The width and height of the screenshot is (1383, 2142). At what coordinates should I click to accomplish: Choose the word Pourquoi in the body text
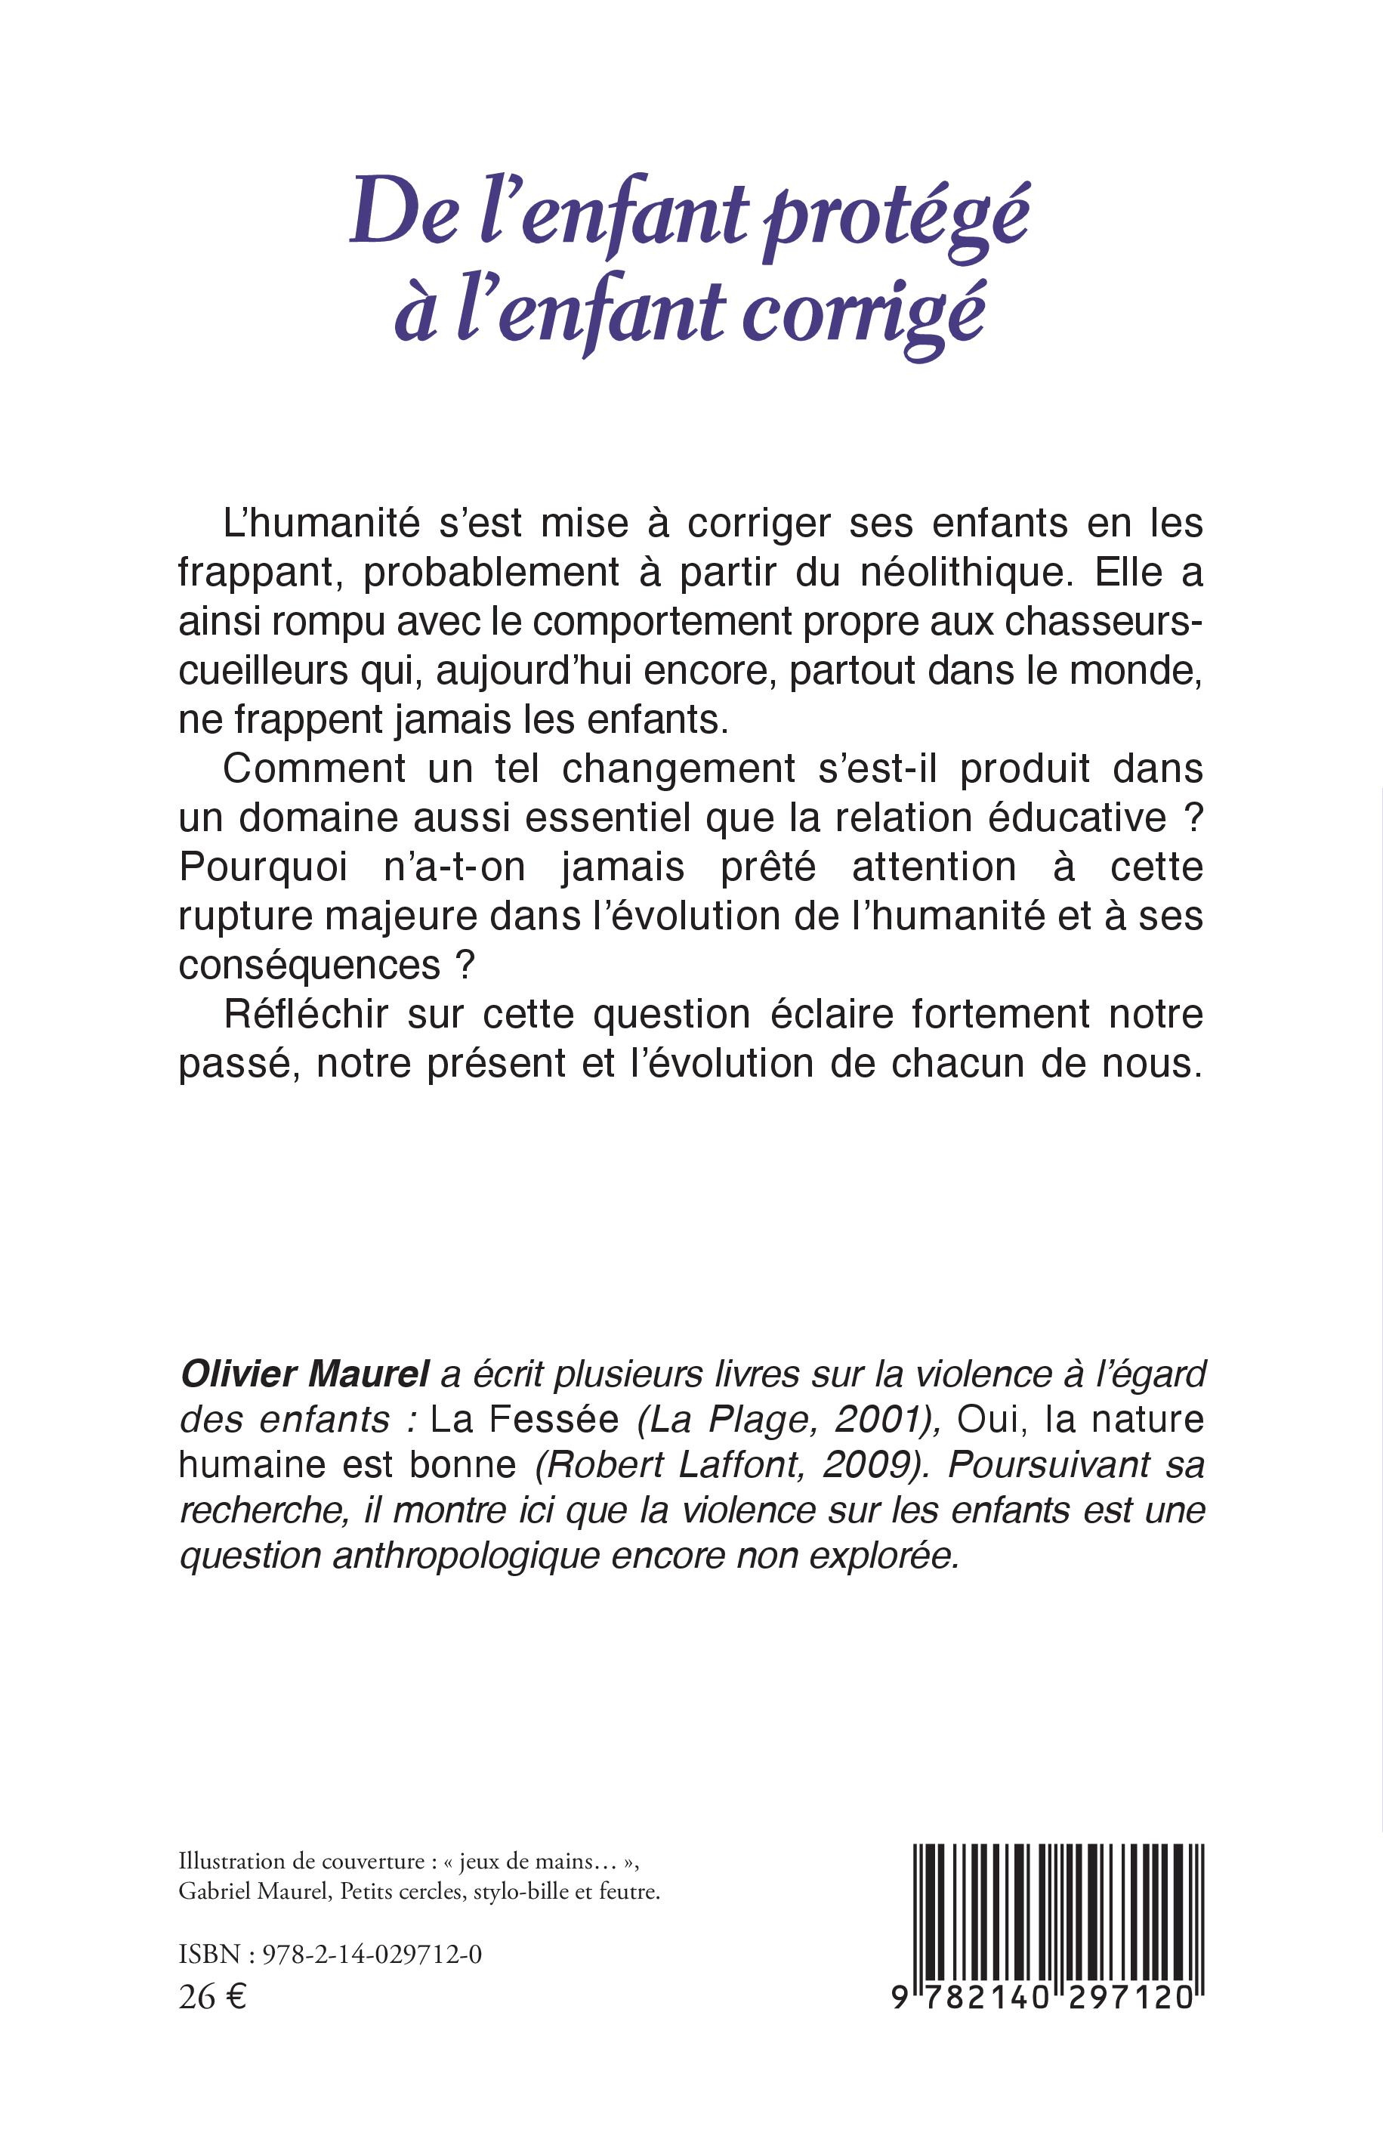pos(263,867)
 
